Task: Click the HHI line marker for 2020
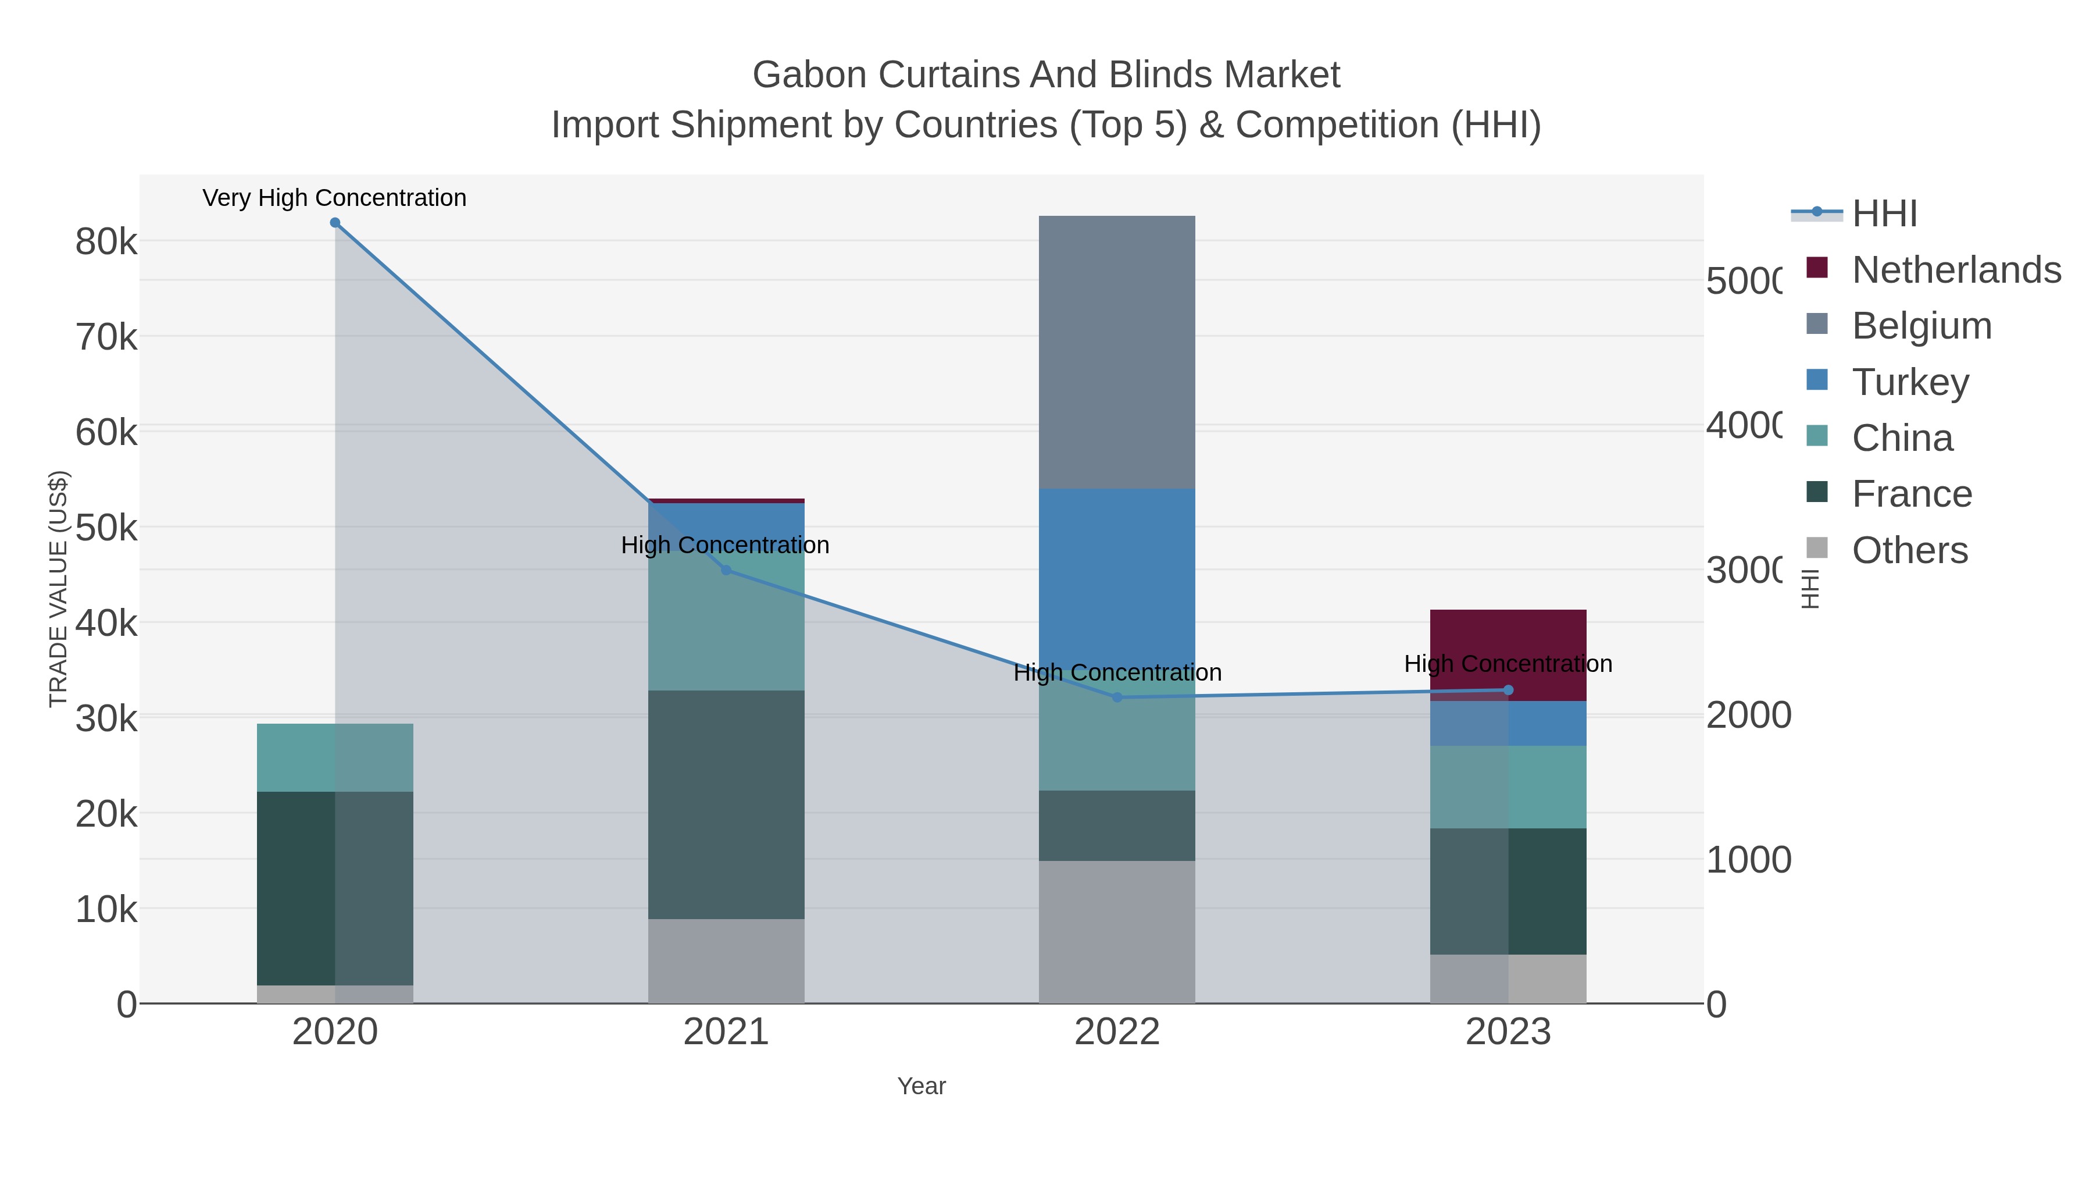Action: click(335, 223)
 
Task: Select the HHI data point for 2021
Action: click(726, 570)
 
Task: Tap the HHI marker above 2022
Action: click(1117, 697)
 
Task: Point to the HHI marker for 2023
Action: click(1509, 690)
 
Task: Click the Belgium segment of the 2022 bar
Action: click(1117, 352)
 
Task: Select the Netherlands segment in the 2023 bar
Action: click(1509, 642)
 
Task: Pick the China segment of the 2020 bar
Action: click(335, 757)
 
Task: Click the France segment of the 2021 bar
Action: click(726, 805)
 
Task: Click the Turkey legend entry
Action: click(1909, 382)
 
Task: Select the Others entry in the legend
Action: click(1909, 550)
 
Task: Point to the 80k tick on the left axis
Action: click(106, 241)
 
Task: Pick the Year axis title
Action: click(922, 1086)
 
